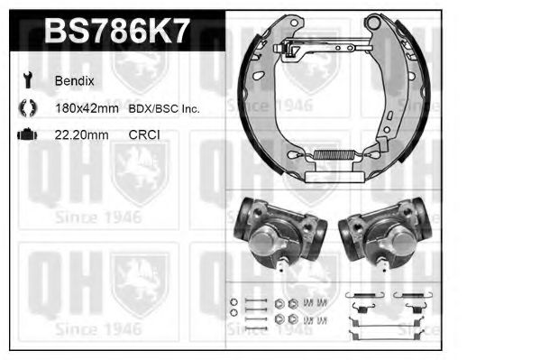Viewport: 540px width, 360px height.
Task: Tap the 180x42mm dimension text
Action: pos(88,108)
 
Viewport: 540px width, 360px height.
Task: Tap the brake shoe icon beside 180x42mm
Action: pos(25,108)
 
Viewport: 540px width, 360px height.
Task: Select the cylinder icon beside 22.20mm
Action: pos(25,134)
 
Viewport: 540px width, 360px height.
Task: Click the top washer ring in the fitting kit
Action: pos(233,301)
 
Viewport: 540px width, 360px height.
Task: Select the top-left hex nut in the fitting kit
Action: pos(280,302)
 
